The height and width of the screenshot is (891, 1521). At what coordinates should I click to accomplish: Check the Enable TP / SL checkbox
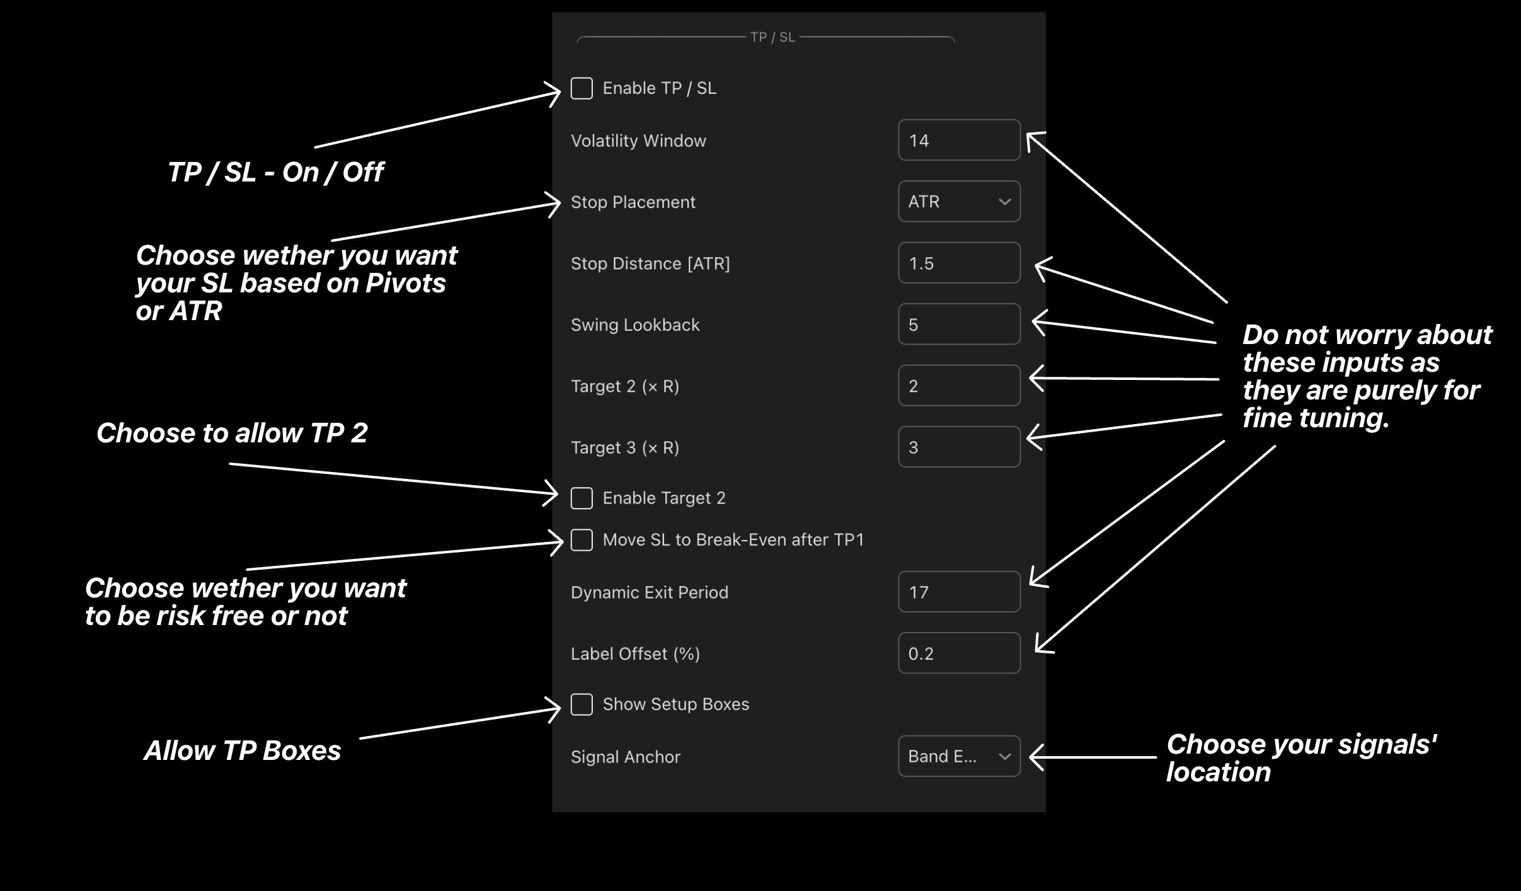[582, 88]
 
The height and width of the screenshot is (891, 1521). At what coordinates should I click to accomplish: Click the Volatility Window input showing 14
[959, 140]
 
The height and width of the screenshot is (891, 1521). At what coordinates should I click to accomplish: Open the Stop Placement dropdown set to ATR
[959, 202]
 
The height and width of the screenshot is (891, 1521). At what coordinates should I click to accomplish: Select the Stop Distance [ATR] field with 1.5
[959, 263]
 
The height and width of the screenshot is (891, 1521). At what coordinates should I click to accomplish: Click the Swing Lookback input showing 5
[959, 325]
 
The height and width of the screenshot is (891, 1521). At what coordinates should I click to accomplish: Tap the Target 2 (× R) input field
[959, 386]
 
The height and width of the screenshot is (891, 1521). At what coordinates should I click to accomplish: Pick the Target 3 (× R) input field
[959, 447]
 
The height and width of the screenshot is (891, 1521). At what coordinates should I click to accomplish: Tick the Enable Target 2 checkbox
[582, 498]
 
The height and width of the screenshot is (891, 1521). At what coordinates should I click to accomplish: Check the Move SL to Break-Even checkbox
[582, 540]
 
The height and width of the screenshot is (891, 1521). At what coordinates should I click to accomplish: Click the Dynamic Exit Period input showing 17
[959, 592]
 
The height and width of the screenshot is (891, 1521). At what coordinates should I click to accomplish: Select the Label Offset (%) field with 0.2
[959, 653]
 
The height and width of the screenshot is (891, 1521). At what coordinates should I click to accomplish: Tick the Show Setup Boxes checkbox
[582, 704]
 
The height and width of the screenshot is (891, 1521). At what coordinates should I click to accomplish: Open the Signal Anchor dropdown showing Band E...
[959, 756]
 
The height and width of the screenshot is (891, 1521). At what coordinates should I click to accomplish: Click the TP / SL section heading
[772, 37]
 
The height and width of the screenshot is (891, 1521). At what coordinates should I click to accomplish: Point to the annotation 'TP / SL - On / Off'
[275, 172]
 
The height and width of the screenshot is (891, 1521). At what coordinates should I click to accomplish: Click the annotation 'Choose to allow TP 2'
[232, 433]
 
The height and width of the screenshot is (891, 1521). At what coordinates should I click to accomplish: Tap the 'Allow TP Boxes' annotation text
[243, 750]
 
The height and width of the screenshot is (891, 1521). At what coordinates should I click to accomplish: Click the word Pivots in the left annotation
[406, 284]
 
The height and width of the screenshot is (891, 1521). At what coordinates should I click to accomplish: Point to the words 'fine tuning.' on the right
[1316, 418]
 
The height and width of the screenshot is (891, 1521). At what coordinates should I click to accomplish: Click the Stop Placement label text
[633, 202]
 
